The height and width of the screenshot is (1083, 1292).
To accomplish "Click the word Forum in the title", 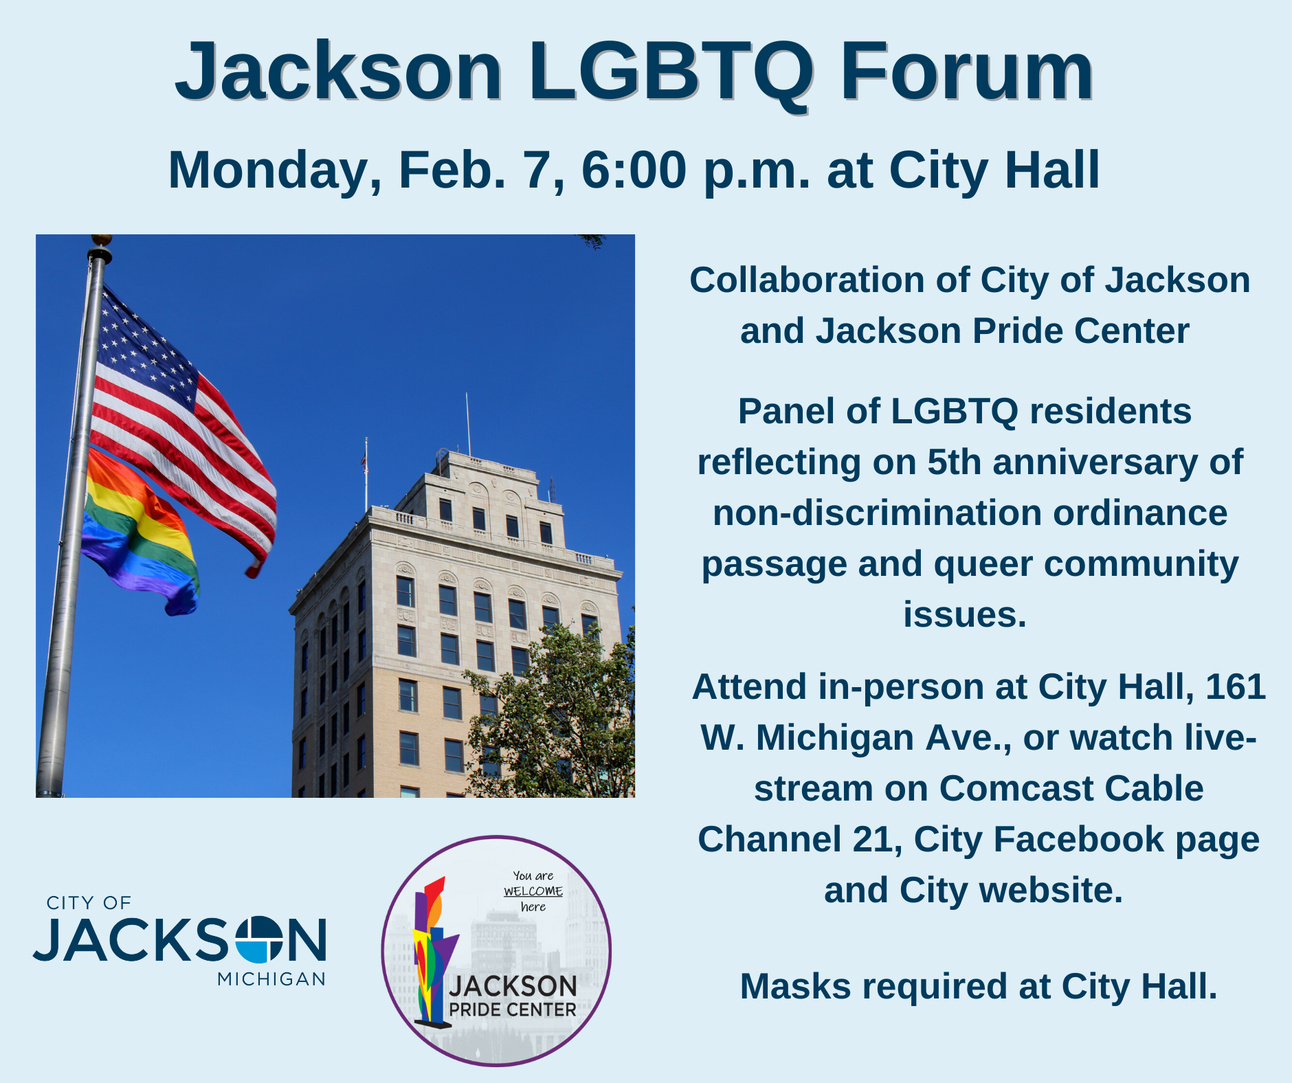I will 966,71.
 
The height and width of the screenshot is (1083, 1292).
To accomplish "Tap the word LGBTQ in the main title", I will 670,71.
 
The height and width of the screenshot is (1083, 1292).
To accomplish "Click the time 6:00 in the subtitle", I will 634,170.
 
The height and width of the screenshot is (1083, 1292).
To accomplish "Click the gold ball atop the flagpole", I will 102,240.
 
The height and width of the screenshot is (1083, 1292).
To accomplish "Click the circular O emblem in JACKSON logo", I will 258,939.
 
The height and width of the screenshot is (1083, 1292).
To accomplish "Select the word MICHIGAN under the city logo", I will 271,979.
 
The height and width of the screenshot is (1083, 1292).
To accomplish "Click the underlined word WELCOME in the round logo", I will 533,891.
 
